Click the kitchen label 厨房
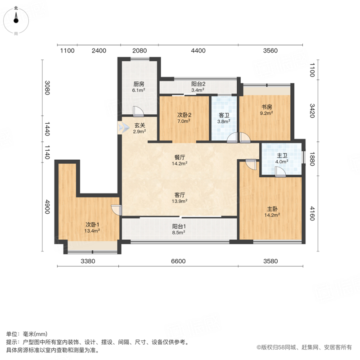pos(139,84)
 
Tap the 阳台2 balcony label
pos(198,84)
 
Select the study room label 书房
pos(267,107)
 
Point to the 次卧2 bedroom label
pos(184,115)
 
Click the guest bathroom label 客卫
pos(224,115)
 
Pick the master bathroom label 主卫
pos(282,156)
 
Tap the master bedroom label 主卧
pos(272,209)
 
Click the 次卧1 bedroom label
pos(92,225)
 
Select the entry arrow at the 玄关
pos(123,127)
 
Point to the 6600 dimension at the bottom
pos(178,261)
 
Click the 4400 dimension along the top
pos(198,50)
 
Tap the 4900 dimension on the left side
pos(47,207)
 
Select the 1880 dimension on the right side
pos(312,159)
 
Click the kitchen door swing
pos(139,112)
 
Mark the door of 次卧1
pos(117,210)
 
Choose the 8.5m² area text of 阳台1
pos(179,232)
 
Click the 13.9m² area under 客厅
pos(180,201)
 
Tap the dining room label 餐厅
pos(180,157)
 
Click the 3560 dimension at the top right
pos(270,50)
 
